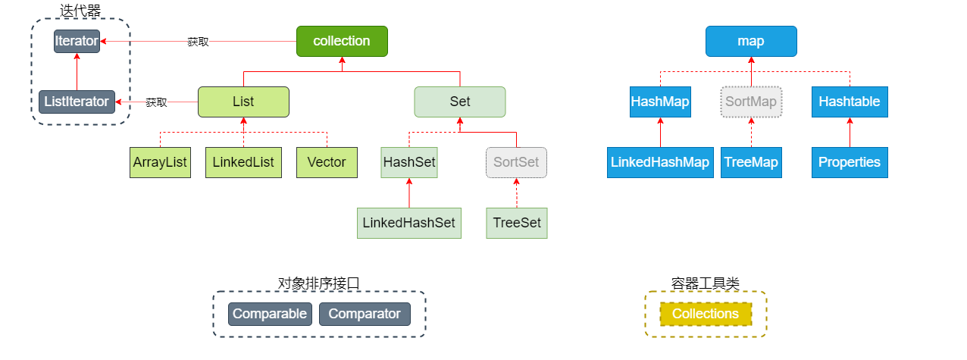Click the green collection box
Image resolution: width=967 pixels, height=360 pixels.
(342, 41)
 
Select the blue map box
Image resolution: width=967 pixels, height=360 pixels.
(751, 41)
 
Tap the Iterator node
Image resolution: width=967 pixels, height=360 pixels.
(77, 41)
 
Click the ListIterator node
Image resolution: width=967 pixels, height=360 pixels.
(77, 102)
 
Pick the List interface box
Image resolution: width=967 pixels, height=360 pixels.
(243, 102)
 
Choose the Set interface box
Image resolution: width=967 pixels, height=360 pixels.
(459, 102)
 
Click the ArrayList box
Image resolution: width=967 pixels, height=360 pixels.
(160, 162)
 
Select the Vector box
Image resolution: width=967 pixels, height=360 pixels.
(327, 162)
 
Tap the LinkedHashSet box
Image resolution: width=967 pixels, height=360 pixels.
(409, 223)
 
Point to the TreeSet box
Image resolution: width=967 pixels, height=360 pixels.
(516, 223)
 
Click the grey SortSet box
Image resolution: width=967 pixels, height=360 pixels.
(516, 162)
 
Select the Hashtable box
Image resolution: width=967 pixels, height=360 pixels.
(849, 102)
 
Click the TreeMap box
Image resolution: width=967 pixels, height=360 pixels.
(751, 162)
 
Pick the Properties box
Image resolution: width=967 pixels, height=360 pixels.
(849, 162)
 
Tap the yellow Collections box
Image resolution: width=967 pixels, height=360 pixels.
(706, 314)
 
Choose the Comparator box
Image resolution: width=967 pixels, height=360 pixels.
(365, 314)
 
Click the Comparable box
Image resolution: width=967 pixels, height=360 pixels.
(270, 314)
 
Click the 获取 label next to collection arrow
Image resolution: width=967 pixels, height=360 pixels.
(198, 42)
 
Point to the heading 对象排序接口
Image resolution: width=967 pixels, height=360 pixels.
(319, 283)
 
